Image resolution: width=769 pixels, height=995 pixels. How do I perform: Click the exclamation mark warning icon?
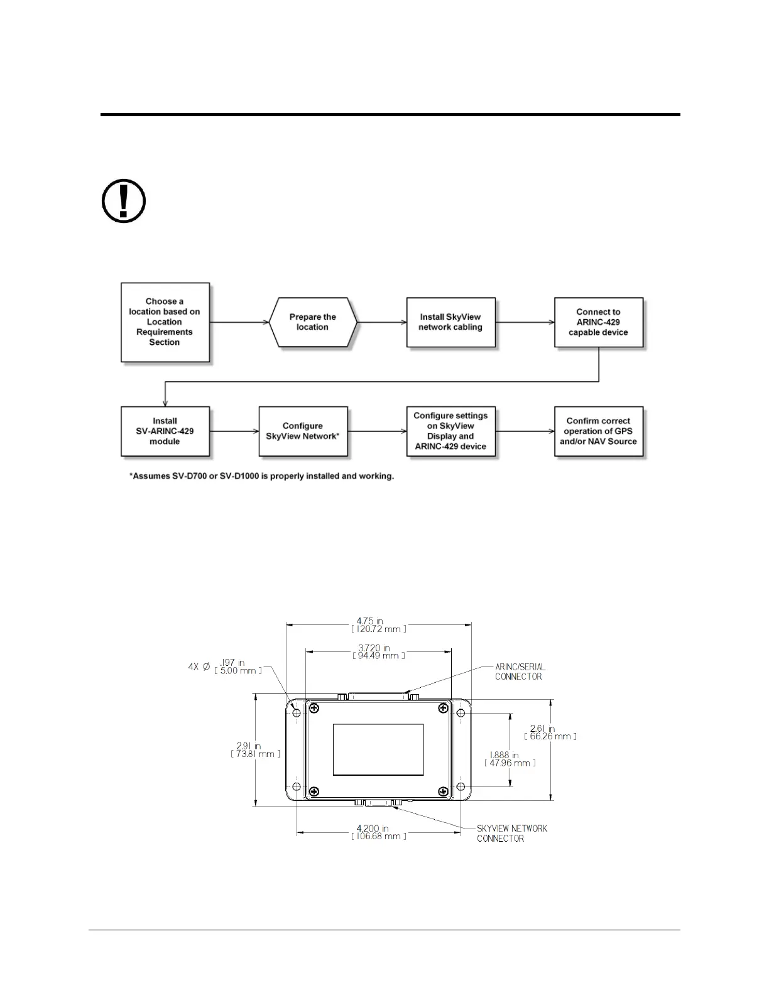124,202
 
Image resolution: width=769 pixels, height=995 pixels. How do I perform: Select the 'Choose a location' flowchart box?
165,322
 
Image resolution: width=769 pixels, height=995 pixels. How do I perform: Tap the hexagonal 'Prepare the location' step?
313,322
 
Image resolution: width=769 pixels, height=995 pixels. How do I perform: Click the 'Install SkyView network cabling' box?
450,322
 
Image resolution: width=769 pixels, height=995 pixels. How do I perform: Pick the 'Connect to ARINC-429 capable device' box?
598,322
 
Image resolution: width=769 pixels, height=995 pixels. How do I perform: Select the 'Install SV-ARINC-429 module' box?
165,431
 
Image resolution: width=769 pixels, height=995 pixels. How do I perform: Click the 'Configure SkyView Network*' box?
303,431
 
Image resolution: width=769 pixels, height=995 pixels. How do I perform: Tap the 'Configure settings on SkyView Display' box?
450,431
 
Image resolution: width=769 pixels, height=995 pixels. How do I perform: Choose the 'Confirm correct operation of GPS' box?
598,431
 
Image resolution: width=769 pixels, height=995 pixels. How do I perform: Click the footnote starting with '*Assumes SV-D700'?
262,476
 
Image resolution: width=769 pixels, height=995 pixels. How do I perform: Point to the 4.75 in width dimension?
379,625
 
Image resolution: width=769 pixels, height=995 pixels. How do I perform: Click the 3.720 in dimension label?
379,651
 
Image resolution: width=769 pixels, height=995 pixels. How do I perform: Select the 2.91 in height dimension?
256,749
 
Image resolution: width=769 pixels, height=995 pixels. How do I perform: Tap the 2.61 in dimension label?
550,732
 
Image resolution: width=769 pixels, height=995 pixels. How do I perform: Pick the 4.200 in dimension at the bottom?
379,832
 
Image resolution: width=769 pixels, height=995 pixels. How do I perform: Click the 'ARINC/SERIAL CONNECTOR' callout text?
520,671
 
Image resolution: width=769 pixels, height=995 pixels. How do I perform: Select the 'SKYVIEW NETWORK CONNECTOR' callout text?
511,833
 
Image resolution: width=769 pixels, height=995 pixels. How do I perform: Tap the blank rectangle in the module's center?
378,749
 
